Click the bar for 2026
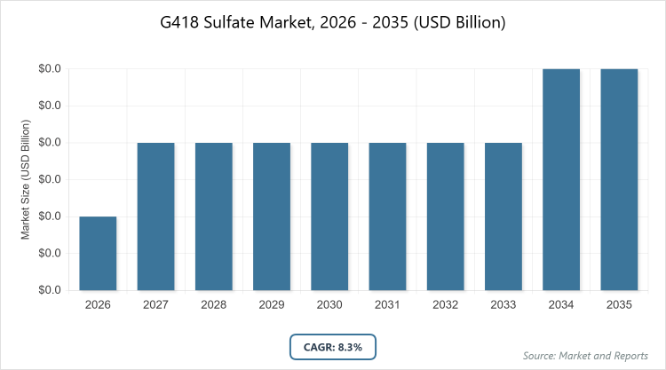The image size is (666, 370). click(x=98, y=253)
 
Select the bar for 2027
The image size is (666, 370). click(x=155, y=216)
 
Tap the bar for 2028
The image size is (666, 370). click(x=214, y=216)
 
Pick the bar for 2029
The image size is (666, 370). click(x=272, y=216)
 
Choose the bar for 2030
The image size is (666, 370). click(x=329, y=216)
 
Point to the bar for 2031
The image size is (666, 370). click(x=387, y=216)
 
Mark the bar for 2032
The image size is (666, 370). click(x=446, y=216)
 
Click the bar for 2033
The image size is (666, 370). click(x=503, y=216)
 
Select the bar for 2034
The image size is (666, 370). click(x=561, y=179)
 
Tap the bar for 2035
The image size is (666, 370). click(x=619, y=179)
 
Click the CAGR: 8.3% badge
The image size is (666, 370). click(x=333, y=346)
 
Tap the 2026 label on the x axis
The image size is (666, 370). click(x=98, y=304)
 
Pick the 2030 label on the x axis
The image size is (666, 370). click(x=329, y=304)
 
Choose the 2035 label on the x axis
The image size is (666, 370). click(x=619, y=304)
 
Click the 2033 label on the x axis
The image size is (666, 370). click(x=503, y=304)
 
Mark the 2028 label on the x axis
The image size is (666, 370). click(x=214, y=304)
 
